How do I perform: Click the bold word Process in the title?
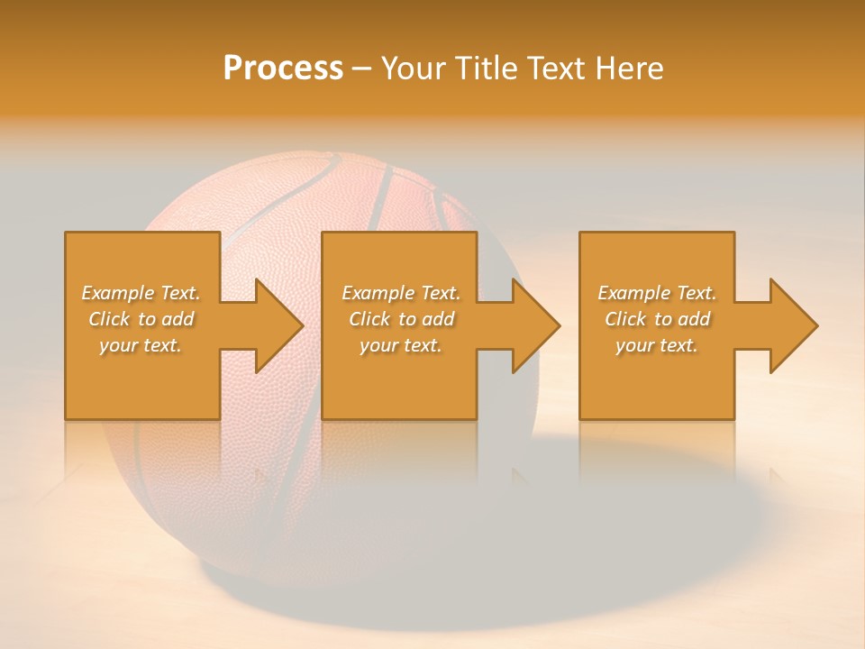283,68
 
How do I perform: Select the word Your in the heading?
412,68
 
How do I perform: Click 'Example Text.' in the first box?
141,292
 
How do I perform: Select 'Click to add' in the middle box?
401,318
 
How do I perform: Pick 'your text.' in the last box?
656,345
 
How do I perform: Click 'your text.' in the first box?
141,345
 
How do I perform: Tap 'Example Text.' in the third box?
656,292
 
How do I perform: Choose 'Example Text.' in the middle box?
401,292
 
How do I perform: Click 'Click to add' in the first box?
141,318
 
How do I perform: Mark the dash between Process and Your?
361,69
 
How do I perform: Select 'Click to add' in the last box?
656,318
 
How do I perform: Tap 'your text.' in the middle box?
401,345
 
